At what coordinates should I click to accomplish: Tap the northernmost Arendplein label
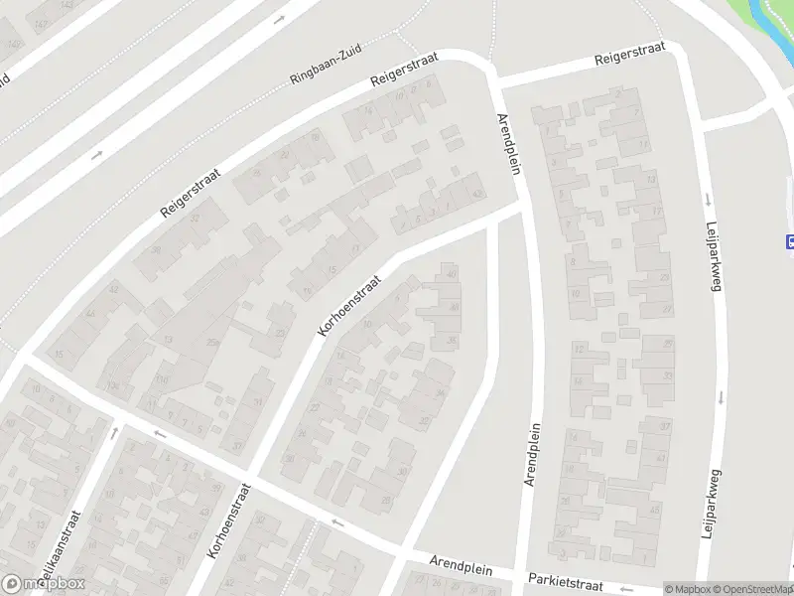coord(508,143)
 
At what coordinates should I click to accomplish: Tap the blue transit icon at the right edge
coord(790,240)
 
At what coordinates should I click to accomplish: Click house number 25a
coord(211,343)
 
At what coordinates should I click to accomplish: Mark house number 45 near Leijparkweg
coord(654,510)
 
